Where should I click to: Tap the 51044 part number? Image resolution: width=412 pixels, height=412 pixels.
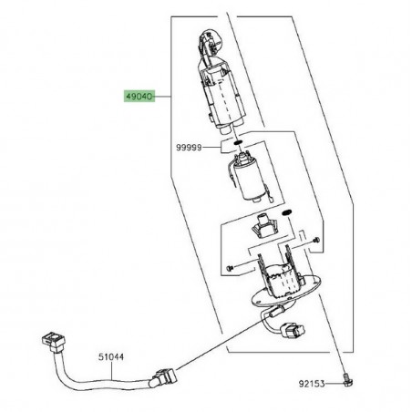click(111, 357)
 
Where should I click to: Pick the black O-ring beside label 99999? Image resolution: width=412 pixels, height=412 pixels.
click(235, 141)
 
